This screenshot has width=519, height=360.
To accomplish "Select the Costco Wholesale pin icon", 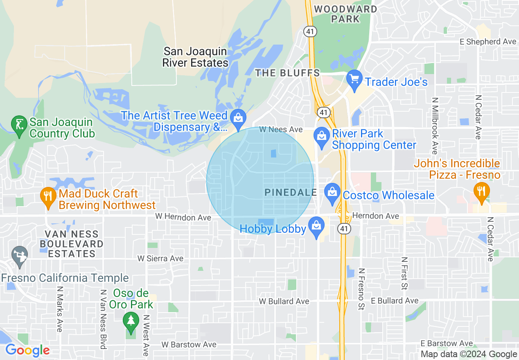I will tap(332, 192).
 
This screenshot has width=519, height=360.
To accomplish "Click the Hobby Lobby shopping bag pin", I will tap(316, 226).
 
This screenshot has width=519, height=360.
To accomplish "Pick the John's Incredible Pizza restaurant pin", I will tap(481, 191).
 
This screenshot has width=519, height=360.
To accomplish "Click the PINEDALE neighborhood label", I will tap(291, 192).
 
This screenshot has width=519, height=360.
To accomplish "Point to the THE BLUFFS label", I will tap(287, 73).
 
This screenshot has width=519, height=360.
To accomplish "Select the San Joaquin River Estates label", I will tap(195, 57).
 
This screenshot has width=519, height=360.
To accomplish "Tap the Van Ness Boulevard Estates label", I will tap(71, 244).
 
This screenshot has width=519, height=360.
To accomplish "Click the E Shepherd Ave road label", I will tap(487, 42).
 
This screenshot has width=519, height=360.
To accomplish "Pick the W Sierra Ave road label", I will tap(160, 259).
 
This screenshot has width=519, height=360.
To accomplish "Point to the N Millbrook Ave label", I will tap(435, 123).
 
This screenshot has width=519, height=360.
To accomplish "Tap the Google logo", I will tap(27, 350).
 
